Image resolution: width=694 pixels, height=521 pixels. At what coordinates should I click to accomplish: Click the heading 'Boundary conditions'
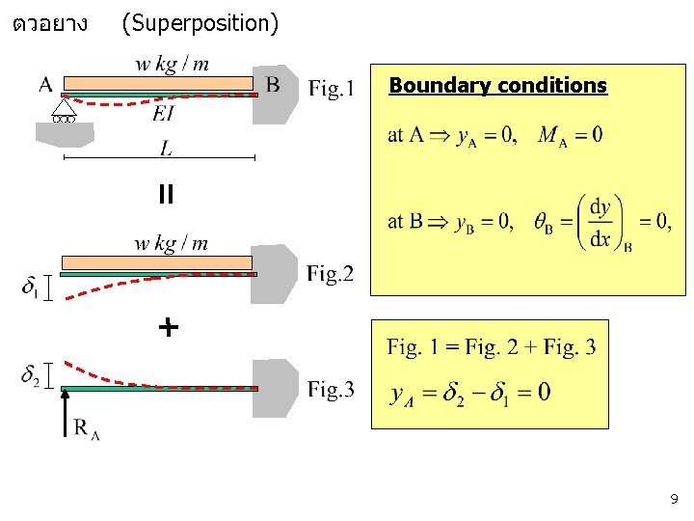click(x=497, y=86)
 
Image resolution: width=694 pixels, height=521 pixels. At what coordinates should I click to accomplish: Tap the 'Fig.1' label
click(x=331, y=90)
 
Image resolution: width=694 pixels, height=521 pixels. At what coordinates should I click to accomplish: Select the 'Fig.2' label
click(x=331, y=275)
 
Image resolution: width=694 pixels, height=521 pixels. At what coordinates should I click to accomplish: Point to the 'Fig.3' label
click(x=331, y=390)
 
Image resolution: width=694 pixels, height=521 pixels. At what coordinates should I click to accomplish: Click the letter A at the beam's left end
click(x=45, y=85)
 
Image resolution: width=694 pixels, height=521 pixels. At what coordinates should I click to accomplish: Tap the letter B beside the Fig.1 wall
click(x=273, y=85)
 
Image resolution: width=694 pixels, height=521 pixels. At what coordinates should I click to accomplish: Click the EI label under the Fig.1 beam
click(x=164, y=114)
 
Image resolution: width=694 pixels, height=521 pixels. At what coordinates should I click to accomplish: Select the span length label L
click(x=167, y=149)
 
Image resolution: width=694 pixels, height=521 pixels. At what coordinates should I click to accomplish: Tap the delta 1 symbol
click(x=31, y=287)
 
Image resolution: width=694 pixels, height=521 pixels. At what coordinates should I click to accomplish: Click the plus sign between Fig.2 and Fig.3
click(x=168, y=328)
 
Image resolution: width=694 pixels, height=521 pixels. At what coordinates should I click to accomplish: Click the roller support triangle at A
click(x=66, y=108)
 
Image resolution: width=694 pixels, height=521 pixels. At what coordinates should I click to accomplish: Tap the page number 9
click(x=674, y=500)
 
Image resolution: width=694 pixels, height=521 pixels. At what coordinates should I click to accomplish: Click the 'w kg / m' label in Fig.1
click(x=172, y=65)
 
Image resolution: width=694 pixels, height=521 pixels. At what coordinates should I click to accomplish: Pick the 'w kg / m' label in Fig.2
click(x=172, y=243)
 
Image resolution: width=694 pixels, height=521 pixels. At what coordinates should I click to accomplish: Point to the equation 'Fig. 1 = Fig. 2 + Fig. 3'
click(x=491, y=347)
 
